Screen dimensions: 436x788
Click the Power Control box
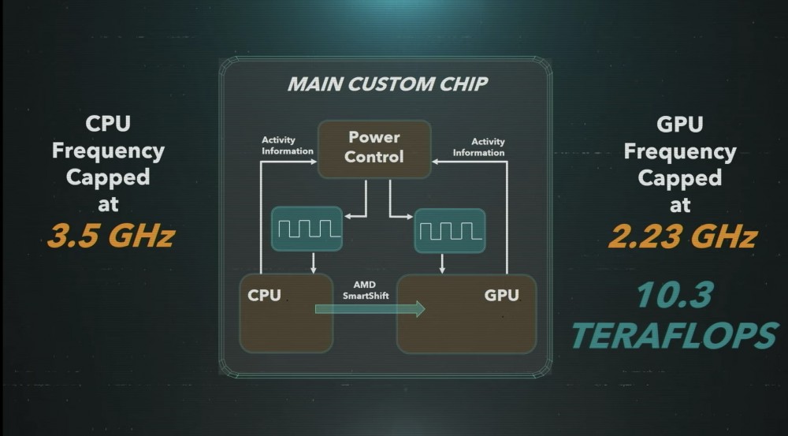pos(374,147)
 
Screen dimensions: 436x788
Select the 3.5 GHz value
pos(110,236)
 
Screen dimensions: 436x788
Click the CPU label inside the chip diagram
pos(264,296)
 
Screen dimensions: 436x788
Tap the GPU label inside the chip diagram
pos(501,296)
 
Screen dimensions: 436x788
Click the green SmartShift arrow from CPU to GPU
pos(370,308)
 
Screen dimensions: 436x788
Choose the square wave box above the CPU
pos(307,229)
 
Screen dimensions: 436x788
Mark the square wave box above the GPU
pos(450,229)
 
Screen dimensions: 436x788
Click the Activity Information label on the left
pos(287,146)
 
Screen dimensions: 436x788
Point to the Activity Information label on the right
pos(478,147)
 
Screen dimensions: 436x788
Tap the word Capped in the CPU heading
pos(108,177)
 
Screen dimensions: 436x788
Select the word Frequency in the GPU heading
pos(679,151)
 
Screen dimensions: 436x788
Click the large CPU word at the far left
pos(108,125)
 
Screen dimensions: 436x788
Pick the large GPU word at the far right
pos(679,125)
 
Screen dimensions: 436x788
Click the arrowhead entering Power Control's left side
pos(313,162)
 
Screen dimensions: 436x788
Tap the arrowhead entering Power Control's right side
pos(436,162)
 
